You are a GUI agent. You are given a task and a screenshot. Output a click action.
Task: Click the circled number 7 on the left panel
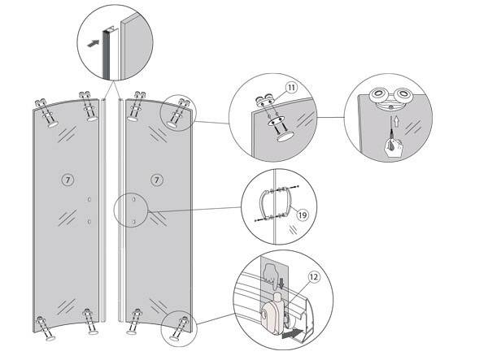tap(66, 176)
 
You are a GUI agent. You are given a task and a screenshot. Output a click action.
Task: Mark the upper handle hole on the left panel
tap(89, 200)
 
